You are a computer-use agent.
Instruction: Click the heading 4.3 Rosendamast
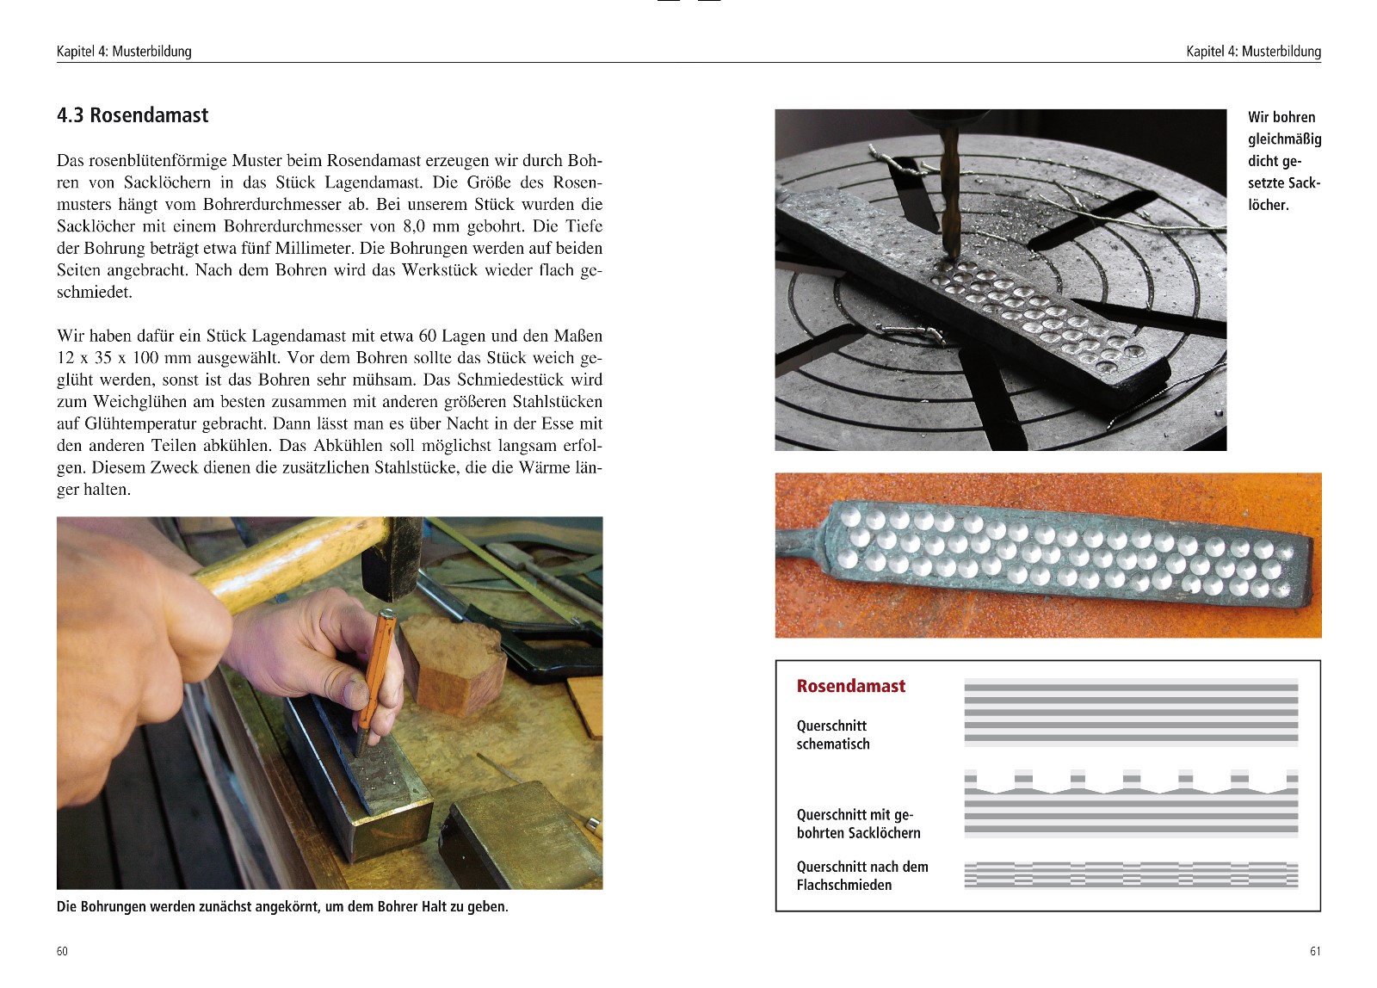(x=133, y=115)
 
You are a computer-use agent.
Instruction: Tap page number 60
(x=62, y=951)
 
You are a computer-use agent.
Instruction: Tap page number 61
(x=1314, y=951)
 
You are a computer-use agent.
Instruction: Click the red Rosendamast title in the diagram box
(x=850, y=686)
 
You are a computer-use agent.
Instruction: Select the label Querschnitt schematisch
(x=832, y=735)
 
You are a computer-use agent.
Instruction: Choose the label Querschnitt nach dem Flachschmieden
(x=861, y=876)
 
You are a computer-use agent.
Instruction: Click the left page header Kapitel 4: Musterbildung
(x=124, y=52)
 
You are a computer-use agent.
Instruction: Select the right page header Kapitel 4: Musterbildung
(x=1252, y=52)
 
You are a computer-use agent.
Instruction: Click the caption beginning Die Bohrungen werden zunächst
(x=282, y=907)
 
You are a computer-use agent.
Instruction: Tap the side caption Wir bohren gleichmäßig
(x=1283, y=161)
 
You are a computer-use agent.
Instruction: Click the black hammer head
(x=392, y=559)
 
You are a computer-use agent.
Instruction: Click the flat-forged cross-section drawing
(x=1131, y=874)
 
